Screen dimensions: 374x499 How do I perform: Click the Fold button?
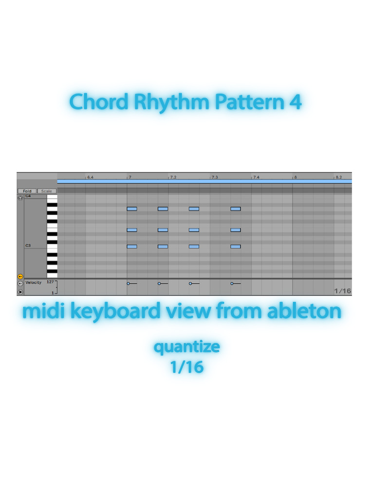pos(27,191)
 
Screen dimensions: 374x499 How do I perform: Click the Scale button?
pos(46,191)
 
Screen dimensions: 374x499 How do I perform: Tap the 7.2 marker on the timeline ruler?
pos(173,177)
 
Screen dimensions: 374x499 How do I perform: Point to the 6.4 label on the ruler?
pos(90,177)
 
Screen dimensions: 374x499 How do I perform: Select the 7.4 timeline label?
pos(256,177)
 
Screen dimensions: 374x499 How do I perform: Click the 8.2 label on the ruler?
pos(339,177)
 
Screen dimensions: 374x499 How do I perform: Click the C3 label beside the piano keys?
pos(28,246)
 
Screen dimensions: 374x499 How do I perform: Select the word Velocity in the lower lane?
pos(34,282)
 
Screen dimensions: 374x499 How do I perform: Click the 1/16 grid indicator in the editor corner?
pos(342,291)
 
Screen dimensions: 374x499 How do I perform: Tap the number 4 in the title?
pos(296,102)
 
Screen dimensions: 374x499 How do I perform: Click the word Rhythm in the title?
pos(171,102)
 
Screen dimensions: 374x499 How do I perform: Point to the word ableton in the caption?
pos(304,310)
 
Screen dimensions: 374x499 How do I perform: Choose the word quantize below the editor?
pos(187,347)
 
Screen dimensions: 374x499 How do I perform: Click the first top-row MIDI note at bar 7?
pos(132,209)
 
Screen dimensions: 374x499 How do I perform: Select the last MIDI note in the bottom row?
pos(236,246)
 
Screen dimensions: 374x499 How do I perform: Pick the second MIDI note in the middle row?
pos(163,230)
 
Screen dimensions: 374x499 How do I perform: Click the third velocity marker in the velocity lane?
pos(190,283)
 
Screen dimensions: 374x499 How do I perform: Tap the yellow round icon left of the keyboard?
pos(20,277)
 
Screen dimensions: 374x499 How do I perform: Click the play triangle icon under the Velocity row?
pos(20,292)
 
